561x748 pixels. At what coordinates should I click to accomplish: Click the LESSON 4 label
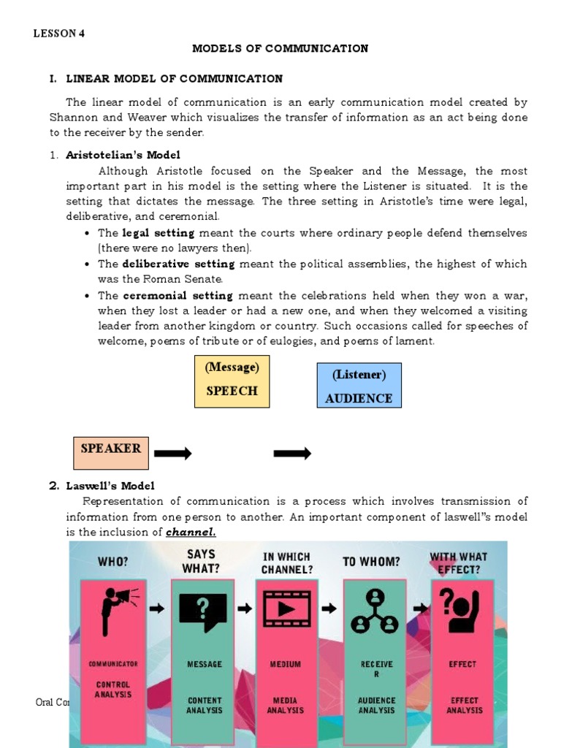click(60, 34)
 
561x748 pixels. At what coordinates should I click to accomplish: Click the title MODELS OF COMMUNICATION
click(280, 49)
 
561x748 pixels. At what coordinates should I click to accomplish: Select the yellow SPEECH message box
click(232, 381)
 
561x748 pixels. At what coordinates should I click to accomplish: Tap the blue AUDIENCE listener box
click(359, 385)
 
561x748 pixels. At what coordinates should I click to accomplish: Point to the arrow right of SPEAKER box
click(173, 454)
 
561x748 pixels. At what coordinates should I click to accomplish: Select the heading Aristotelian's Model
click(123, 155)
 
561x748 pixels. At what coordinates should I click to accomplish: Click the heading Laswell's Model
click(110, 486)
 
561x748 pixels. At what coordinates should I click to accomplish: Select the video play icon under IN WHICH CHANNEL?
click(286, 608)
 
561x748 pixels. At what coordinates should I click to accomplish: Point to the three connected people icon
click(374, 612)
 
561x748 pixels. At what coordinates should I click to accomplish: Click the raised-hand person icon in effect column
click(462, 609)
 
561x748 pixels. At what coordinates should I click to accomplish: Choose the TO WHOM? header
click(371, 562)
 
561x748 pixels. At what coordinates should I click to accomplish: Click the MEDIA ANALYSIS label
click(285, 705)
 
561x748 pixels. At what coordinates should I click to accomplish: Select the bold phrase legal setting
click(159, 233)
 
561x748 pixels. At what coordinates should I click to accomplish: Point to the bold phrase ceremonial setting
click(178, 296)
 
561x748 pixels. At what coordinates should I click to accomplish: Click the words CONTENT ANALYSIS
click(204, 705)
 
